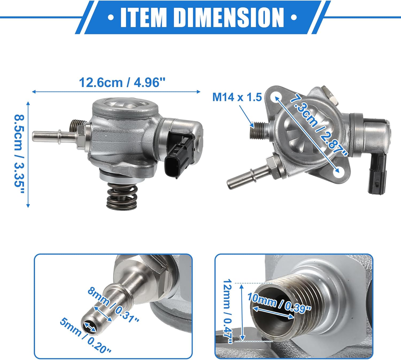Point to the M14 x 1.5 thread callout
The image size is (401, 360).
tap(237, 97)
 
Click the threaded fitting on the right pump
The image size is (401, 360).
tap(258, 130)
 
